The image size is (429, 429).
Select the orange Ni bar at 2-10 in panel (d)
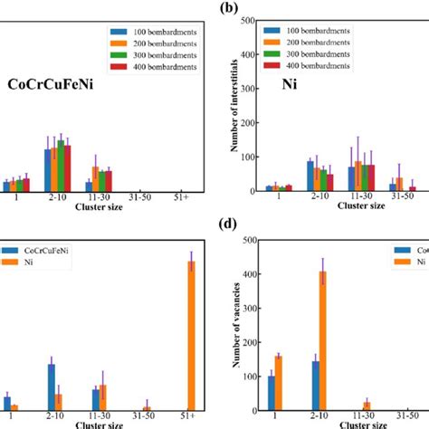[322, 340]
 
